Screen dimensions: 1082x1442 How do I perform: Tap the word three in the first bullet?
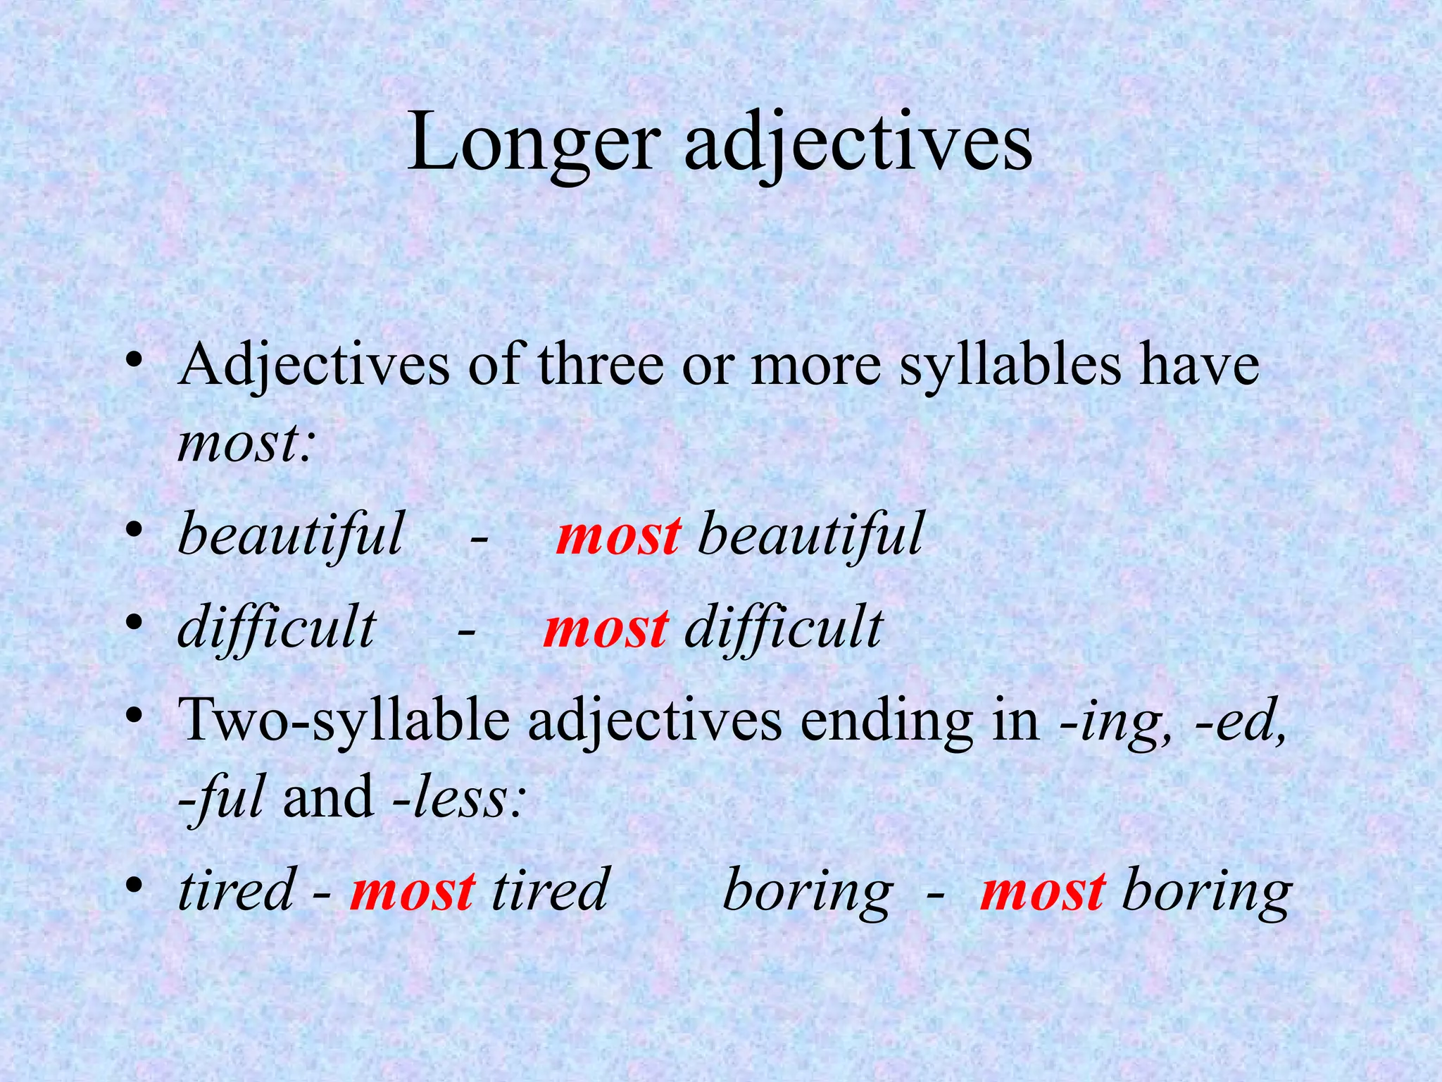point(601,365)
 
